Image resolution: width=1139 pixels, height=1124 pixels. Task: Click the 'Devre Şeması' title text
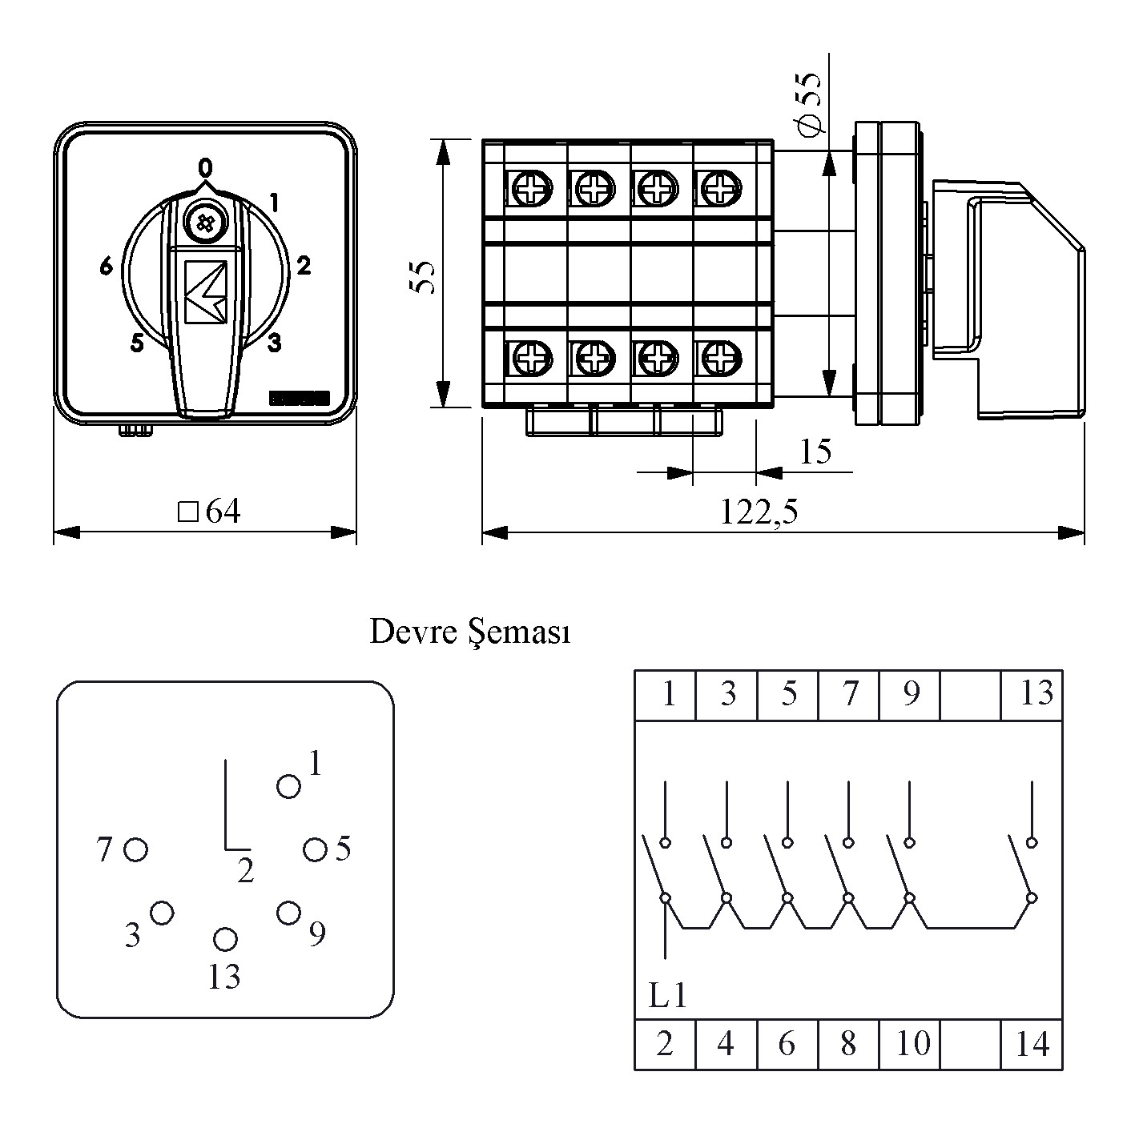(470, 633)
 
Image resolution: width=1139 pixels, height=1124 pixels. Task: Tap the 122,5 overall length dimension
(759, 512)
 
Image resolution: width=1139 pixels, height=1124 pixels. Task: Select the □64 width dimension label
(210, 512)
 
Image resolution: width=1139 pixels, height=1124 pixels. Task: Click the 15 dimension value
(815, 452)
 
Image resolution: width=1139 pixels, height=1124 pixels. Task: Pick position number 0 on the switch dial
(206, 167)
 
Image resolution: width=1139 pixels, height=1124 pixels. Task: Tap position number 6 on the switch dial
(107, 267)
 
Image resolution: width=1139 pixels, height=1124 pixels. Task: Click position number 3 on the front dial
(275, 343)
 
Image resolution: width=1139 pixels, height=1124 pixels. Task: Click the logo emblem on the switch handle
(206, 291)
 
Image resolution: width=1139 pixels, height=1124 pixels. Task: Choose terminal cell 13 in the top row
(1032, 694)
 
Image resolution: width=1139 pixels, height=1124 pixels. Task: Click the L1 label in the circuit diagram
(667, 996)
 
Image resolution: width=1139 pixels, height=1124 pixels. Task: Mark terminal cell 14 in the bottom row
(1032, 1044)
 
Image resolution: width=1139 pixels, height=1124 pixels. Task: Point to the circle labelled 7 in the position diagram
(136, 849)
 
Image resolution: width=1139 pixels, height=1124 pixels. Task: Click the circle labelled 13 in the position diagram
(225, 938)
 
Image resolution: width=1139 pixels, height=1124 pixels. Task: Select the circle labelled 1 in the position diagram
(288, 787)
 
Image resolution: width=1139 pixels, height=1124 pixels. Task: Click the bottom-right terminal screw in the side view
(718, 355)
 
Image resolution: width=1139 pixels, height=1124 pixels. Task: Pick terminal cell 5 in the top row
(788, 694)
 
